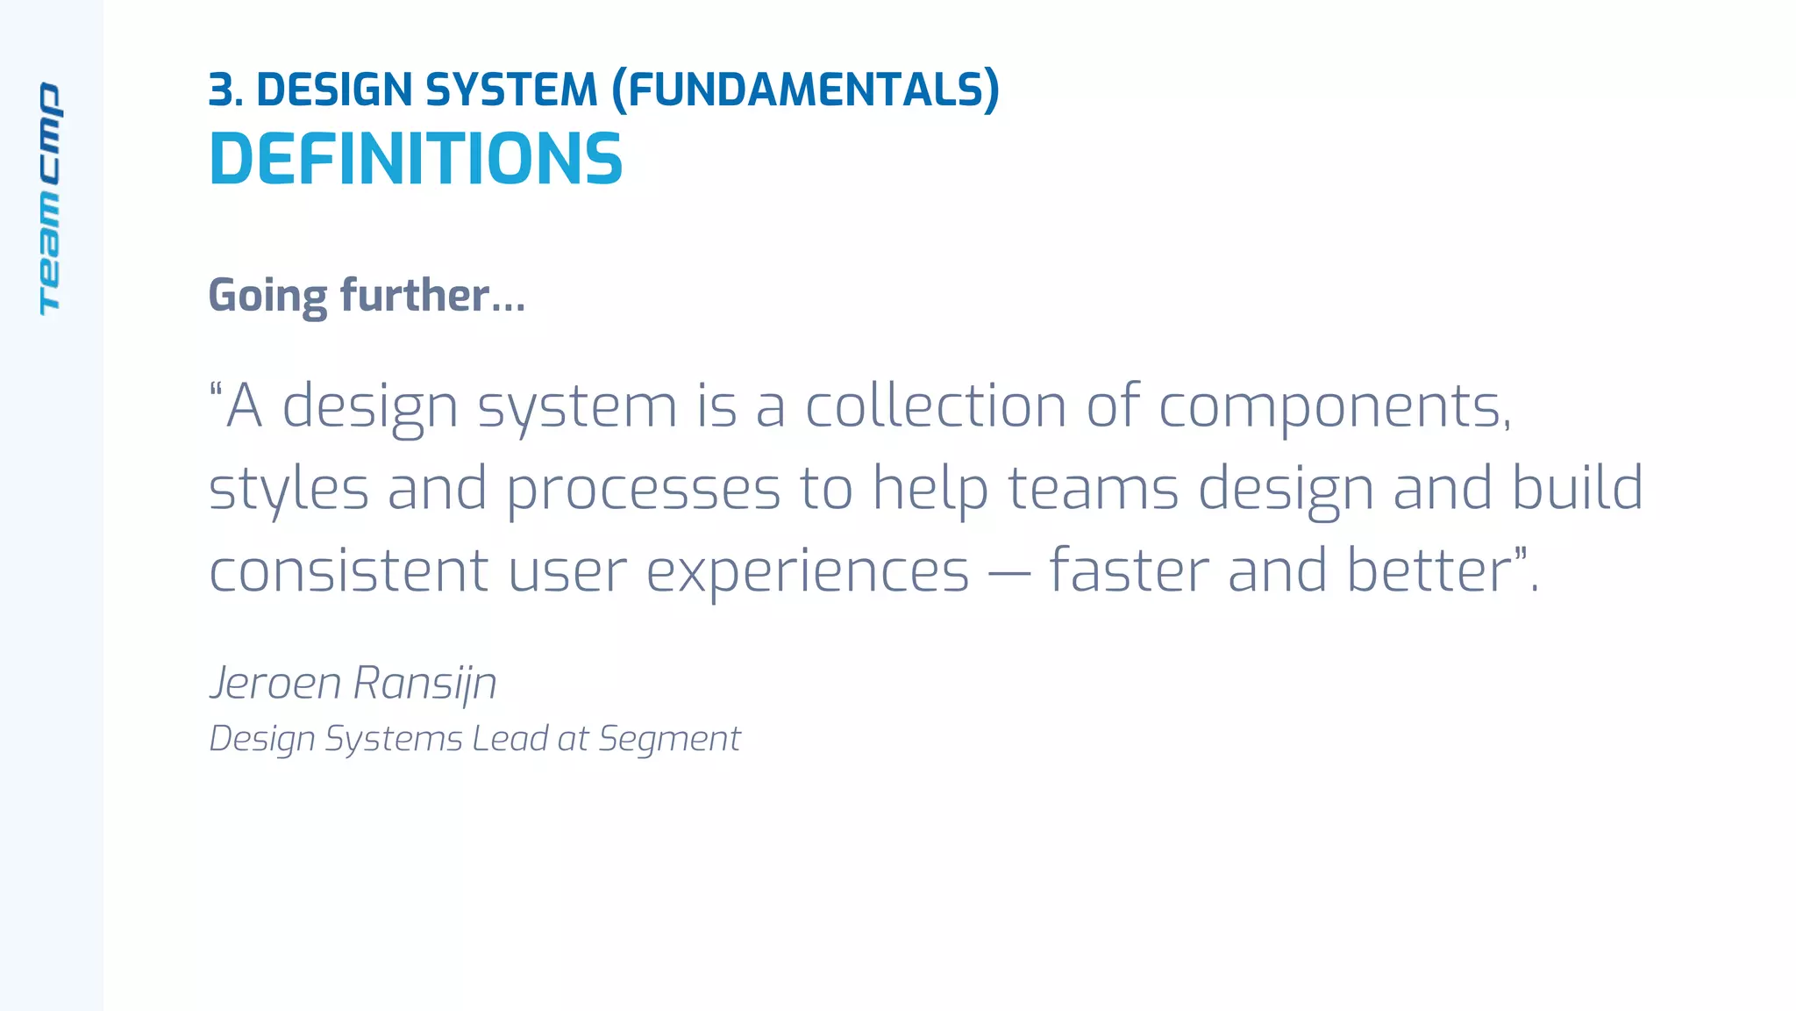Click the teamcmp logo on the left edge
(50, 198)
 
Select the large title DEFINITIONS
(416, 160)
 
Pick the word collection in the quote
(935, 406)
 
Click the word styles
(289, 489)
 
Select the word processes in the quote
(643, 489)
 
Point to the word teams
(1093, 489)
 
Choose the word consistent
(348, 570)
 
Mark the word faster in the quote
(1128, 570)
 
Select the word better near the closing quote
(1428, 570)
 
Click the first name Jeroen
(275, 683)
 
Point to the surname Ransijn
(425, 683)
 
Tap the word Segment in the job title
(669, 739)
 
